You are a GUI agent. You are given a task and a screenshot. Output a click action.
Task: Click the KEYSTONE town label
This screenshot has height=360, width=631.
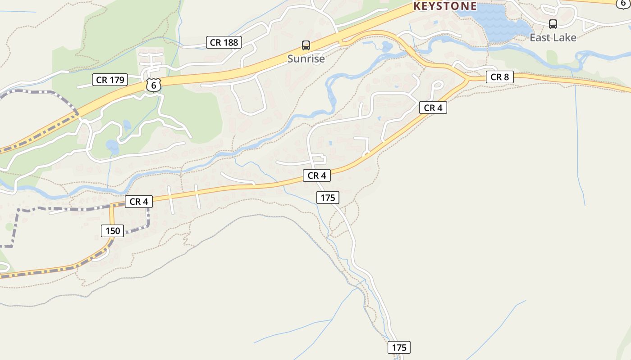[x=445, y=6]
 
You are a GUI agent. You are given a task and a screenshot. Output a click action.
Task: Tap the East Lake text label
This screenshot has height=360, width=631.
[x=553, y=37]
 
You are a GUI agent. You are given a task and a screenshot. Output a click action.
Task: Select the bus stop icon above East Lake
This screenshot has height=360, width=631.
[x=553, y=24]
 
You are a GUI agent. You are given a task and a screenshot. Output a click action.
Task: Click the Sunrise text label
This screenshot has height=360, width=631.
[x=306, y=58]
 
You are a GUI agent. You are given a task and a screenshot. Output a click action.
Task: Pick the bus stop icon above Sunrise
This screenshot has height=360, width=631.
[x=306, y=45]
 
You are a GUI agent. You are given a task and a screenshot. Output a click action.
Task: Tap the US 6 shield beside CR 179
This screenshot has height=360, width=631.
[x=154, y=85]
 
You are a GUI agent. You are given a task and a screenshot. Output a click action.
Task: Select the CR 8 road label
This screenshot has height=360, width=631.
[x=499, y=77]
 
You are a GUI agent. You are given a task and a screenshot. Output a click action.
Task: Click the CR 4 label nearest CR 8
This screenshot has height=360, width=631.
[x=433, y=108]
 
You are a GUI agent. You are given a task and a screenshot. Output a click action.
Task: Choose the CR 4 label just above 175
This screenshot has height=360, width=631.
[x=317, y=175]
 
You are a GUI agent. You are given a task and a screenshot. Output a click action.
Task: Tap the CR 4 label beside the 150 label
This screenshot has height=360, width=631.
[x=139, y=202]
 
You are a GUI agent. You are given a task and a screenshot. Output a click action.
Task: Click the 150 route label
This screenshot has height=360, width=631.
[x=113, y=231]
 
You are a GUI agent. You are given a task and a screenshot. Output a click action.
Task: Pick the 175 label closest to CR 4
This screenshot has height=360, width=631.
[x=328, y=198]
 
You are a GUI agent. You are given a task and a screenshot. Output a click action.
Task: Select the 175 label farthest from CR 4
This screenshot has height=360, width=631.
[x=399, y=347]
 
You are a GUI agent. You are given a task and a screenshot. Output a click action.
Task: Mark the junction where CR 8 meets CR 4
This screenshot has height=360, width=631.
[x=466, y=79]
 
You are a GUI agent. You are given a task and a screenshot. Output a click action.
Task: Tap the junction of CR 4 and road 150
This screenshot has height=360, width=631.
[x=112, y=206]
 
